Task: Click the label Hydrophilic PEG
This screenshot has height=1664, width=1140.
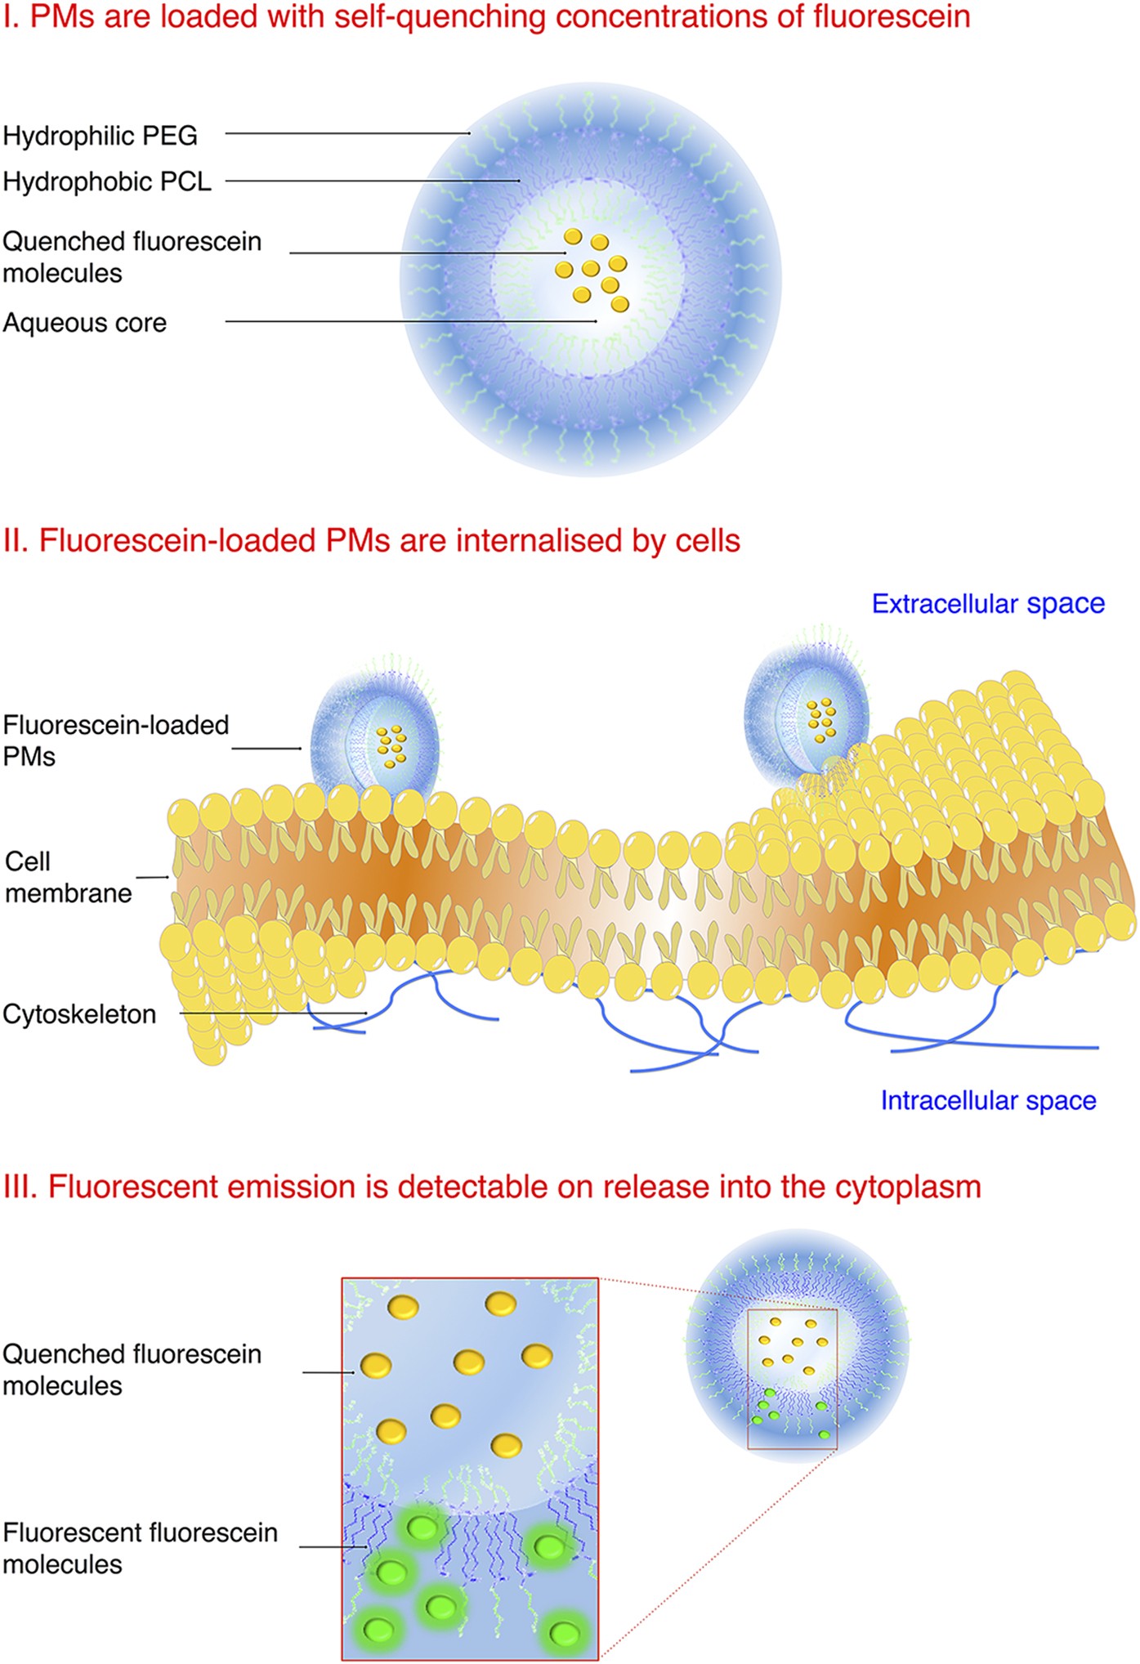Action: (100, 136)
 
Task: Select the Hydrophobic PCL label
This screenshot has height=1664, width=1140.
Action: (107, 181)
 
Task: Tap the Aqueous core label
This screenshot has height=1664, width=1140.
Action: (84, 323)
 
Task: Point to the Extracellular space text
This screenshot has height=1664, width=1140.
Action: (988, 604)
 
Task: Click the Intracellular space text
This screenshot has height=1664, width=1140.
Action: (988, 1101)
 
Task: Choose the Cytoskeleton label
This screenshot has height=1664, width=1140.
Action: (79, 1014)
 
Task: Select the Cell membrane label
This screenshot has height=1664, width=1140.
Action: (68, 877)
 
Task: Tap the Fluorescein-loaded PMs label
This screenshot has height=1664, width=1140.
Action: (115, 740)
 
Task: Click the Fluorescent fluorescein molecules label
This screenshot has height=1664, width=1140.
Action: (140, 1548)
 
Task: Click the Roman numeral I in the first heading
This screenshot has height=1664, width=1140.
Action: (8, 16)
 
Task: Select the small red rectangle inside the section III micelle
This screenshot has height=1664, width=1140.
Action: (792, 1379)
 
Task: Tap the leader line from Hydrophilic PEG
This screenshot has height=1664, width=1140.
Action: (347, 133)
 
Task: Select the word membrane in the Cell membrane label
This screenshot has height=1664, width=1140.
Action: (68, 893)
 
